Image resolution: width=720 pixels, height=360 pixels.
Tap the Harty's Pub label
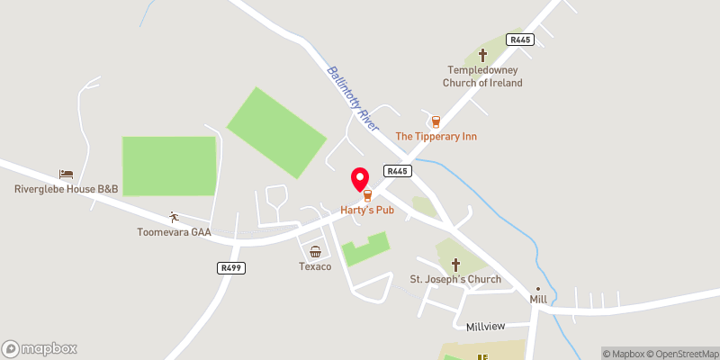[367, 209]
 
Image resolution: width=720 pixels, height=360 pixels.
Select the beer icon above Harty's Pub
[367, 194]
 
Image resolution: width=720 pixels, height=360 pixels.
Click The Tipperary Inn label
[436, 136]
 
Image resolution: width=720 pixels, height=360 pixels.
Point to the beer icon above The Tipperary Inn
[436, 121]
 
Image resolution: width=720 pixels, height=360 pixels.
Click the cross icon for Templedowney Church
[482, 55]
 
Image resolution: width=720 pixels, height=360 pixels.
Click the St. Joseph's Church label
[455, 279]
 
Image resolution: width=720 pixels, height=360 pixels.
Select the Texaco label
[316, 267]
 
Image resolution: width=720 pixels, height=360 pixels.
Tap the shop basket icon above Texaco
[316, 252]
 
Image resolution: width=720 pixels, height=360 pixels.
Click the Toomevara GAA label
[174, 232]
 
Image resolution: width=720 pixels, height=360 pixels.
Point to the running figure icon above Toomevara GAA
[174, 217]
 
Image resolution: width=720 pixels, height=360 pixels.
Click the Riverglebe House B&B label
[66, 189]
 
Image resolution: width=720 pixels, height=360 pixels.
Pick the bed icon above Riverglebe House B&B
[66, 174]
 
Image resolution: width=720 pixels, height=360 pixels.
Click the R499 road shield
[231, 268]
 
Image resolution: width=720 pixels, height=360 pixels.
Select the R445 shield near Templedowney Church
[519, 40]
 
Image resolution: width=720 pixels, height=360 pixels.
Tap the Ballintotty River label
[353, 98]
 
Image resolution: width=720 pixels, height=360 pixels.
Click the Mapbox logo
[40, 349]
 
